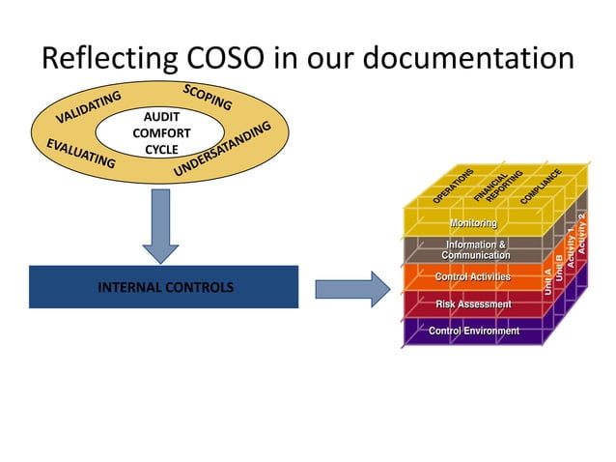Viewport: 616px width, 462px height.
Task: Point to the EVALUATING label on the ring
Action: tap(81, 154)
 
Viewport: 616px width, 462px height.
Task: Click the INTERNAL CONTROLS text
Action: tap(164, 288)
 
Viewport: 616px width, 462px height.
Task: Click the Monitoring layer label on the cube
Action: tap(473, 223)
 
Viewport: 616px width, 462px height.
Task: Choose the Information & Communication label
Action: tap(475, 250)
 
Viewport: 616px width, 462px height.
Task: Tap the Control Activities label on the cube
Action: tap(473, 277)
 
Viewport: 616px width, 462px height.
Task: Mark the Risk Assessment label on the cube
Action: tap(473, 304)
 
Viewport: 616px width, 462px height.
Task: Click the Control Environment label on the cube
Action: tap(473, 332)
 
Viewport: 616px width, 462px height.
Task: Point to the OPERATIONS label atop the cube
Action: tap(453, 186)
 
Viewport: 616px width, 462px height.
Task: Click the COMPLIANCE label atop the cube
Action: tap(541, 186)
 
